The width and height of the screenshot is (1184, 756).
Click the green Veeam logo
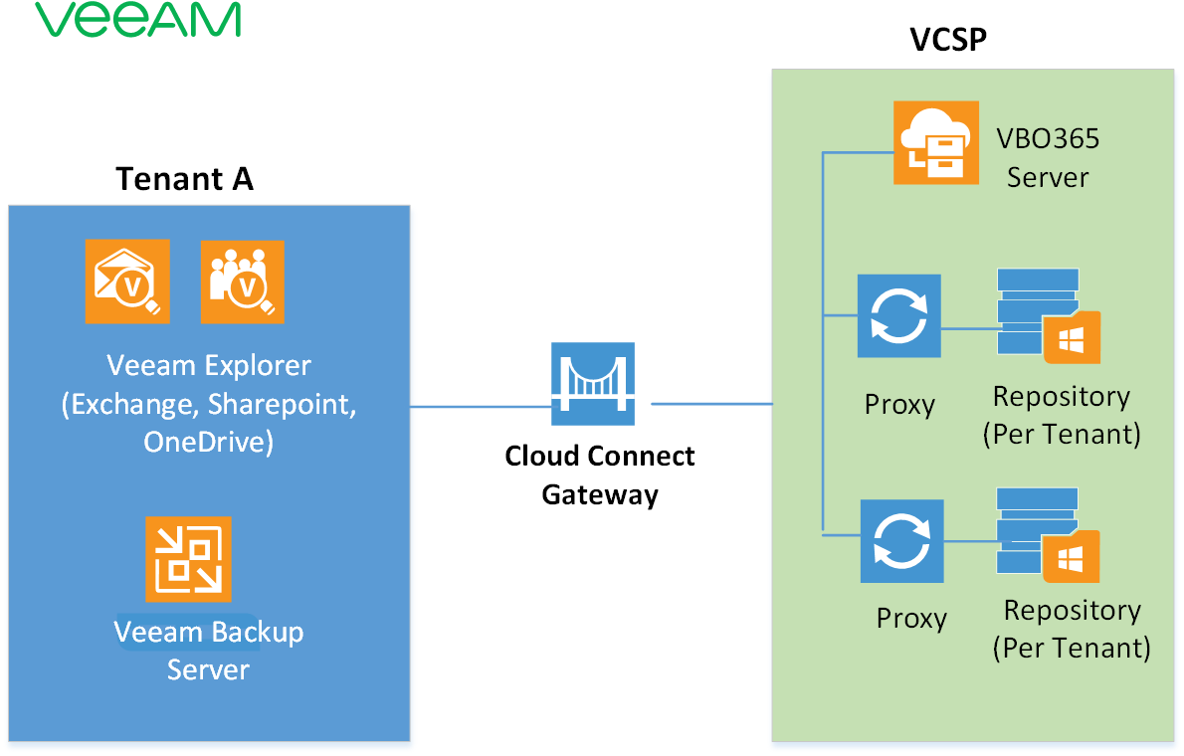(137, 20)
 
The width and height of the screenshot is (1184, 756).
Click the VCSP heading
(947, 41)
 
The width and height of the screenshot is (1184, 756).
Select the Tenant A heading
(184, 179)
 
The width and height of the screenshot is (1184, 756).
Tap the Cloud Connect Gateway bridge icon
(594, 378)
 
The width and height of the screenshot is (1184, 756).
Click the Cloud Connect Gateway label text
(599, 474)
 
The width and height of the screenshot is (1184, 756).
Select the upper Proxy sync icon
(899, 316)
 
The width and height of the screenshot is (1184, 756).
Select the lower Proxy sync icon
(901, 541)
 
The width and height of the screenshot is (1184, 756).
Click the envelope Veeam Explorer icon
(127, 282)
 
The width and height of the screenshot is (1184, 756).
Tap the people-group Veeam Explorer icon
(242, 282)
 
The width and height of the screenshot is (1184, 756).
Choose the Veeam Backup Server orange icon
(188, 559)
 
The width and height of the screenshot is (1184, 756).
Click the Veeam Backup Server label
(208, 650)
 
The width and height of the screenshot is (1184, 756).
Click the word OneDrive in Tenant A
(207, 441)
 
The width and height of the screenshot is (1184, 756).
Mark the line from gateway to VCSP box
(710, 404)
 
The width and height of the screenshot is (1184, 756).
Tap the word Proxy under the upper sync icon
(899, 405)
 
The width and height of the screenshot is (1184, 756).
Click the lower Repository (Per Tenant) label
(1071, 629)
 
